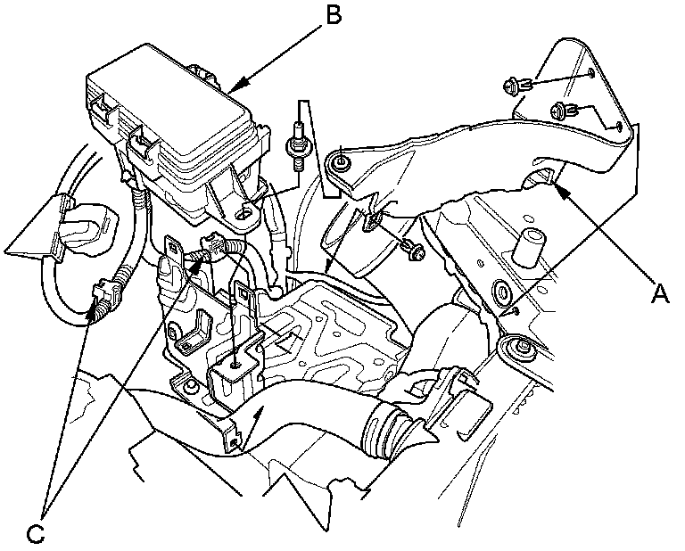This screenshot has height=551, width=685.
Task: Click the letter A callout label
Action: tap(659, 292)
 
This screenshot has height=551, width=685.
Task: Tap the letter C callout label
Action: tap(35, 533)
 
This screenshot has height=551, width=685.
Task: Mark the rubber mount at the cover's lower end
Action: tap(517, 345)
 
